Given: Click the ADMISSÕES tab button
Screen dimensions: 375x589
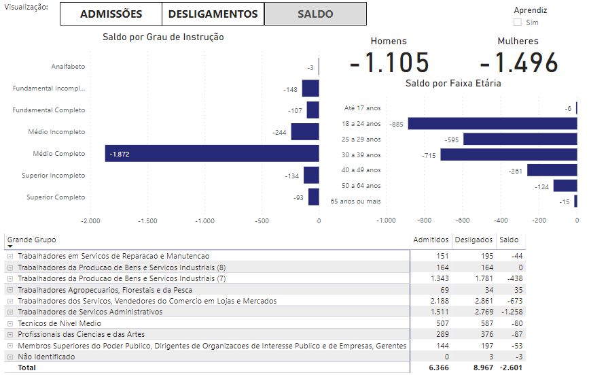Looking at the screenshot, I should click(x=111, y=14).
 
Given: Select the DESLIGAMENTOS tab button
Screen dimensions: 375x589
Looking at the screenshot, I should click(x=213, y=14).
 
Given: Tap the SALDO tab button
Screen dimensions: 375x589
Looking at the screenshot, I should click(x=315, y=14).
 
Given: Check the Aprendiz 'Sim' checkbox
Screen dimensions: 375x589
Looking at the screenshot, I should click(x=518, y=22).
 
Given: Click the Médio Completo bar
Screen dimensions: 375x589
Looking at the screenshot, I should click(x=211, y=154).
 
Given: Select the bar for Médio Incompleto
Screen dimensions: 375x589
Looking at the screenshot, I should click(x=305, y=132).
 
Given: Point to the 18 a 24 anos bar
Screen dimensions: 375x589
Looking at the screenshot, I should click(x=492, y=124).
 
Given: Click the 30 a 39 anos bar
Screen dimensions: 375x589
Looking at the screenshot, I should click(x=508, y=154).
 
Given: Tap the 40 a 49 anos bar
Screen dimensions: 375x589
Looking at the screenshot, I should click(x=552, y=170).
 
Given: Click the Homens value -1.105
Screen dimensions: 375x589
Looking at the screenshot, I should click(x=389, y=63).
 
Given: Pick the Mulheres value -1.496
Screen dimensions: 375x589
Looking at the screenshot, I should click(x=518, y=63).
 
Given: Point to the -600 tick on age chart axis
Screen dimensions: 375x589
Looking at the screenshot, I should click(x=462, y=221).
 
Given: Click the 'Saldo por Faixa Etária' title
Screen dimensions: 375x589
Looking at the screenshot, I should click(x=453, y=83).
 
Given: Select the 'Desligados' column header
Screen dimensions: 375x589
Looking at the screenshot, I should click(x=474, y=240).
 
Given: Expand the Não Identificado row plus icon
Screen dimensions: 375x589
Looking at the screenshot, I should click(x=10, y=357).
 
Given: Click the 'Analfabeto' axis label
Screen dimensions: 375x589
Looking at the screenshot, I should click(x=68, y=67).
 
